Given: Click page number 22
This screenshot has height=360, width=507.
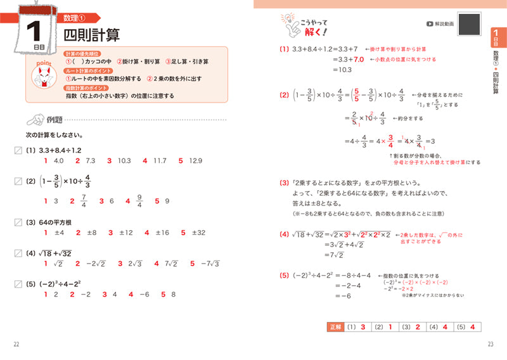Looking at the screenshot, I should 16,344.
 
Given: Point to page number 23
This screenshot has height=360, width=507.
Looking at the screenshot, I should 490,344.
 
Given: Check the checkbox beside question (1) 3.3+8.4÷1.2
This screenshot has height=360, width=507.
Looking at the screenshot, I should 18,150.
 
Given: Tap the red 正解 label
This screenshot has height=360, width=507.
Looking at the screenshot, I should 336,326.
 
